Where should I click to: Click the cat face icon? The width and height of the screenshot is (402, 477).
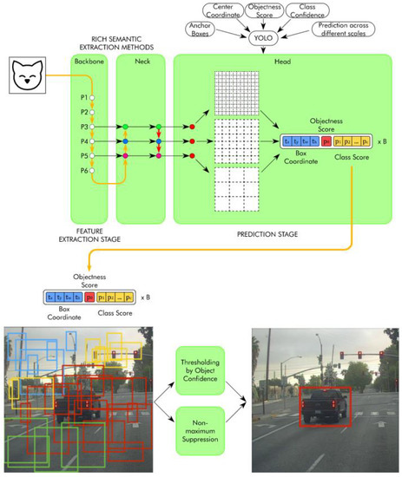point(28,77)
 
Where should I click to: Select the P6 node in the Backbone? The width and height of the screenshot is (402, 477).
point(91,170)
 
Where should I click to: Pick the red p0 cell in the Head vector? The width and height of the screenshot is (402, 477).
point(326,139)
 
